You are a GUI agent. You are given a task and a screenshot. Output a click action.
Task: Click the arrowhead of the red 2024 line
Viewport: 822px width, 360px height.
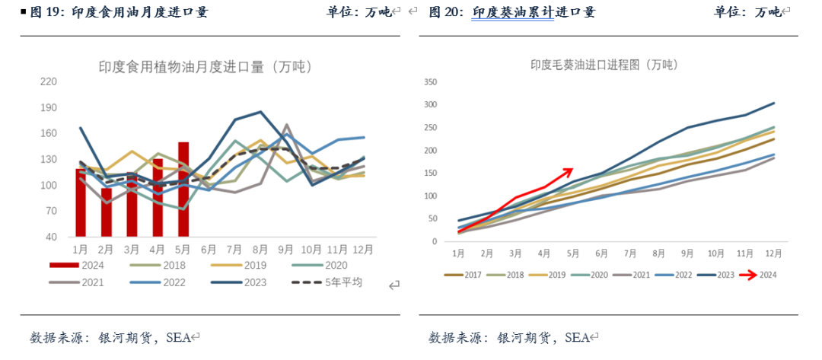[x=569, y=170]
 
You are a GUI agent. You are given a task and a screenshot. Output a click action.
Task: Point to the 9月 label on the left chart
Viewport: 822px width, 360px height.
[x=286, y=249]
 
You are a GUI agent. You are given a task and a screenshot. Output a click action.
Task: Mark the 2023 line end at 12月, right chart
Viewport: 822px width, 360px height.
[x=774, y=103]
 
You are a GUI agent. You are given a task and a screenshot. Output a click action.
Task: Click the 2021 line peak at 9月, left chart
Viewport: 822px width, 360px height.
[x=286, y=125]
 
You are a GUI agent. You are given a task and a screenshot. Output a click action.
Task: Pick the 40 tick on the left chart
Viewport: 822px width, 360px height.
[x=52, y=237]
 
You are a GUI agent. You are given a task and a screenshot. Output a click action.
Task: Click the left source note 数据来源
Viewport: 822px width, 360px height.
[x=57, y=337]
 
